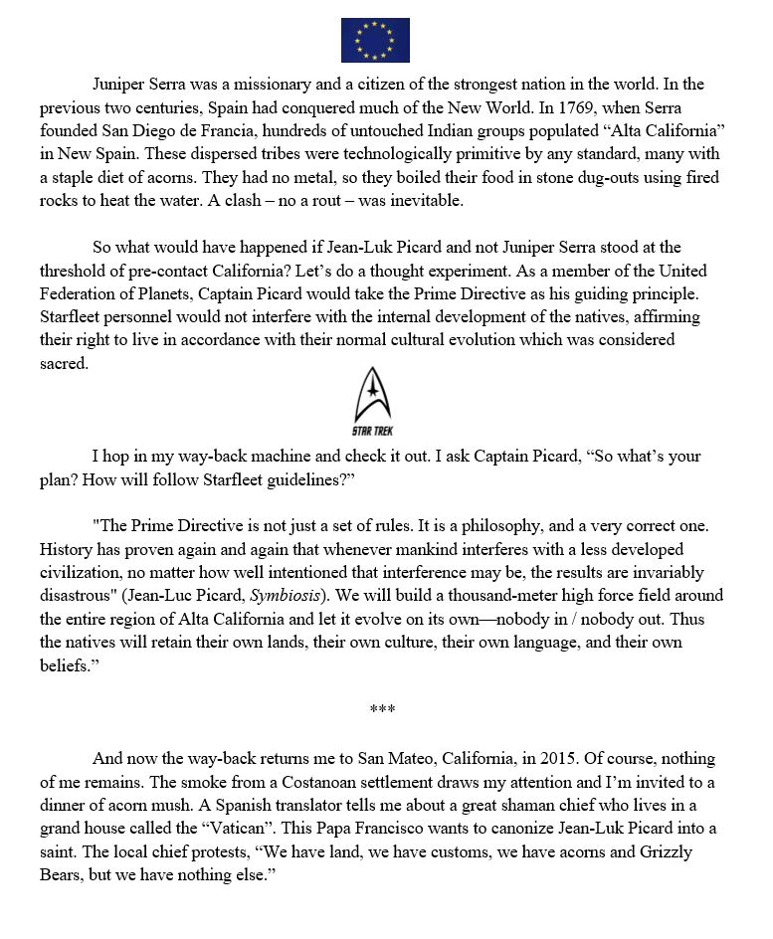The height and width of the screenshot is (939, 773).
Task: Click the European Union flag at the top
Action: (x=375, y=40)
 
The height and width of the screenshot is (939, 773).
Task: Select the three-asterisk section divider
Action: (x=382, y=710)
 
